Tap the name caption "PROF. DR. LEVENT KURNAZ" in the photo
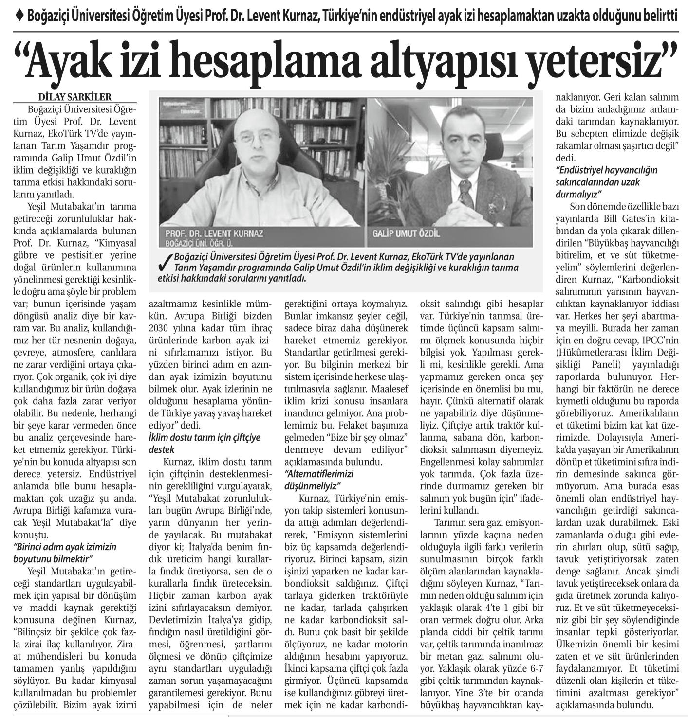pos(214,233)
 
